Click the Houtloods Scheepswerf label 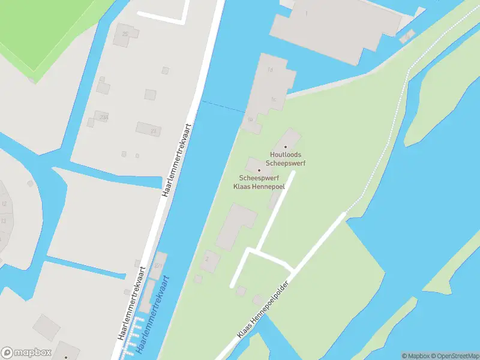click(x=286, y=158)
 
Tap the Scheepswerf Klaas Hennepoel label click(x=259, y=182)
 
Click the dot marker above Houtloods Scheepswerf click(x=286, y=146)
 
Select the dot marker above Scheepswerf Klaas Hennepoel click(x=259, y=170)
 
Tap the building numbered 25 click(x=125, y=34)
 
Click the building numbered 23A click(x=103, y=118)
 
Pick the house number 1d click(x=270, y=70)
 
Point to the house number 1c click(x=273, y=99)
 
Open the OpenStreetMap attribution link click(x=454, y=356)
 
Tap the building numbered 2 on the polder click(x=209, y=260)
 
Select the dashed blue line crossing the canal click(x=223, y=106)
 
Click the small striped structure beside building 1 click(x=407, y=36)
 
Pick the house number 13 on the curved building click(x=4, y=221)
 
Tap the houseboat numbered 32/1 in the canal click(x=158, y=265)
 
